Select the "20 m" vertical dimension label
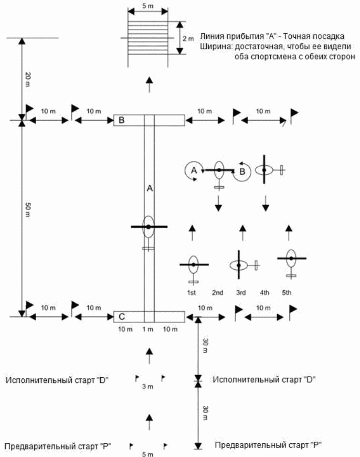click(28, 79)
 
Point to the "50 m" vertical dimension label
click(28, 208)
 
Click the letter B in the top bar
click(121, 121)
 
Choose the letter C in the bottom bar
click(121, 316)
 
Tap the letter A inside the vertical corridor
click(149, 187)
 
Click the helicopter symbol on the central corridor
click(149, 227)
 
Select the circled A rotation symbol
click(193, 170)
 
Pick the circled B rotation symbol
click(242, 171)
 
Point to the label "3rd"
click(240, 292)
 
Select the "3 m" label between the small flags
click(149, 387)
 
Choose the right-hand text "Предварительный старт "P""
click(268, 445)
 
